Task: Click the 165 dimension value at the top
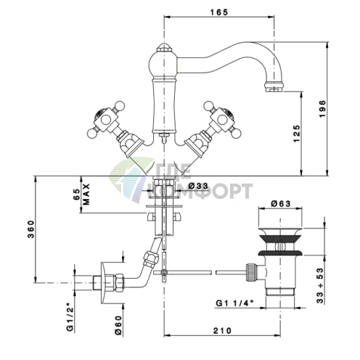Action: coord(219,12)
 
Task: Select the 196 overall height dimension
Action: coord(323,109)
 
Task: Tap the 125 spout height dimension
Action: coord(297,134)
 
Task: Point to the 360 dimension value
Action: coord(31,229)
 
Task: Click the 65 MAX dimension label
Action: coord(81,195)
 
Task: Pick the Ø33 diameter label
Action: coord(198,186)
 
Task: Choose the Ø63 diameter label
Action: coord(280,204)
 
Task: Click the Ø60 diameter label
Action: coord(118,325)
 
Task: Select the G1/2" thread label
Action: coord(70,317)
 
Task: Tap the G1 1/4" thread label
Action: coord(234,303)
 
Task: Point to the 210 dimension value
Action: coord(222,330)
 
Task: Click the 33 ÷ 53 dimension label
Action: coord(320,285)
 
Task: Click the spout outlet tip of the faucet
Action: coord(274,87)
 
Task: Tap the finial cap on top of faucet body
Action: coord(164,47)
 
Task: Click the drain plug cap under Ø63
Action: coord(280,232)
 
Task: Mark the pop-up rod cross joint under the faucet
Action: coord(164,272)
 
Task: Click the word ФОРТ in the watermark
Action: coord(223,191)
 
